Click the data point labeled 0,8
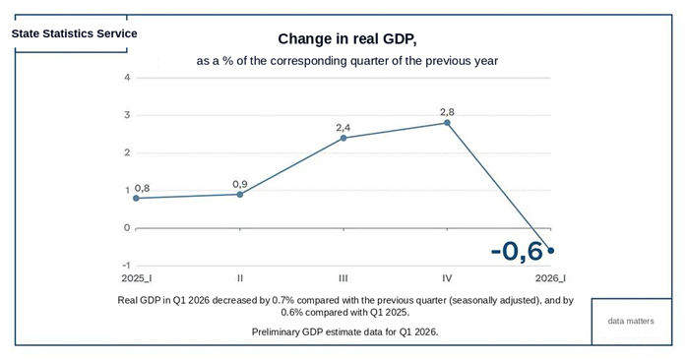136,198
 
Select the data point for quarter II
240,195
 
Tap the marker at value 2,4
343,138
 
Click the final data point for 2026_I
551,251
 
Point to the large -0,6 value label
517,252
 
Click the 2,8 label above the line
448,112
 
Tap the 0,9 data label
240,184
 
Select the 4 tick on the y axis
128,78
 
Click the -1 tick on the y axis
126,266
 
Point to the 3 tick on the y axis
128,115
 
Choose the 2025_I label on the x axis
137,278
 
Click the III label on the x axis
343,278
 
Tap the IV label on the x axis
448,278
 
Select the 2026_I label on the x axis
551,278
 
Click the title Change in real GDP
347,39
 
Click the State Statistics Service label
75,33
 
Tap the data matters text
631,321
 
